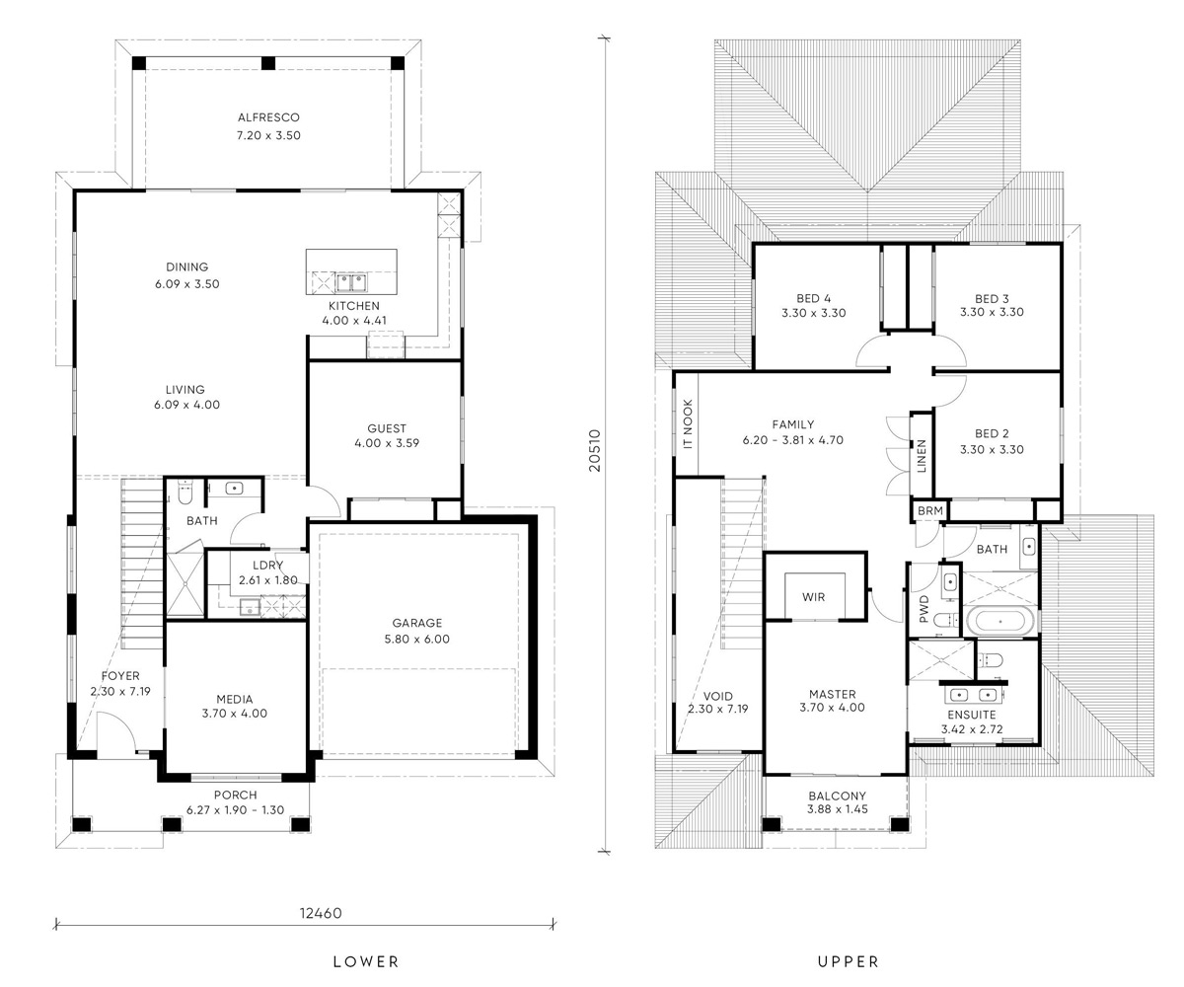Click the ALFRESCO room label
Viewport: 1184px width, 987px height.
click(268, 117)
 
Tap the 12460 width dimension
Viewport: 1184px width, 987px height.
click(321, 913)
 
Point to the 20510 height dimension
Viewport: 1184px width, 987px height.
click(594, 451)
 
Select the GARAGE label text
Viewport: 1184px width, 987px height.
click(416, 623)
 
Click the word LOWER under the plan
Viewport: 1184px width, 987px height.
click(366, 961)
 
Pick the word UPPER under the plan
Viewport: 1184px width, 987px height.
click(849, 961)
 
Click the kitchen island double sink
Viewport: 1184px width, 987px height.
click(351, 282)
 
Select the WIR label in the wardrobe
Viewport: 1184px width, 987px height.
click(813, 597)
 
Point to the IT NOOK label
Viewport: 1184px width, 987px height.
click(688, 424)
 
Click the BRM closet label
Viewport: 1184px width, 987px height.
click(930, 510)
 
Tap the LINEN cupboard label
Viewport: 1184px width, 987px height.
click(922, 455)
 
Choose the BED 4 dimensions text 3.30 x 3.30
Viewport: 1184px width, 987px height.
click(814, 313)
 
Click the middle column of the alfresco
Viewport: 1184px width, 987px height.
click(268, 63)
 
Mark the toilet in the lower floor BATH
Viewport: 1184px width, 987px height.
click(185, 493)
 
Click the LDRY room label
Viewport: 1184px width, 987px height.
click(267, 565)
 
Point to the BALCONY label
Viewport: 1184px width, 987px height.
click(837, 796)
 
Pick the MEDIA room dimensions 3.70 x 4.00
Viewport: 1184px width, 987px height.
click(234, 713)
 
